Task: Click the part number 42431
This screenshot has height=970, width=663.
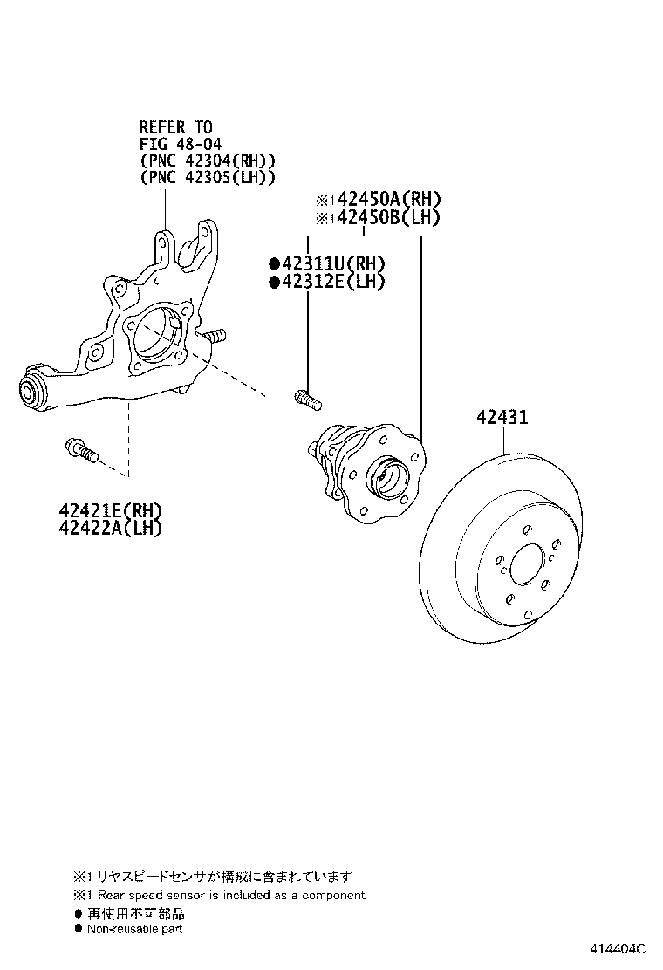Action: point(502,418)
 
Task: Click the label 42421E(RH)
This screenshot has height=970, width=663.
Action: point(111,510)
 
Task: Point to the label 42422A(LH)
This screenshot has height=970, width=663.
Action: point(111,528)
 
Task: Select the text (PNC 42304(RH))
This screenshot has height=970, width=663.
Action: point(208,161)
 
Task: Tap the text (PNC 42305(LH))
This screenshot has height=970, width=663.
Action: point(208,178)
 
